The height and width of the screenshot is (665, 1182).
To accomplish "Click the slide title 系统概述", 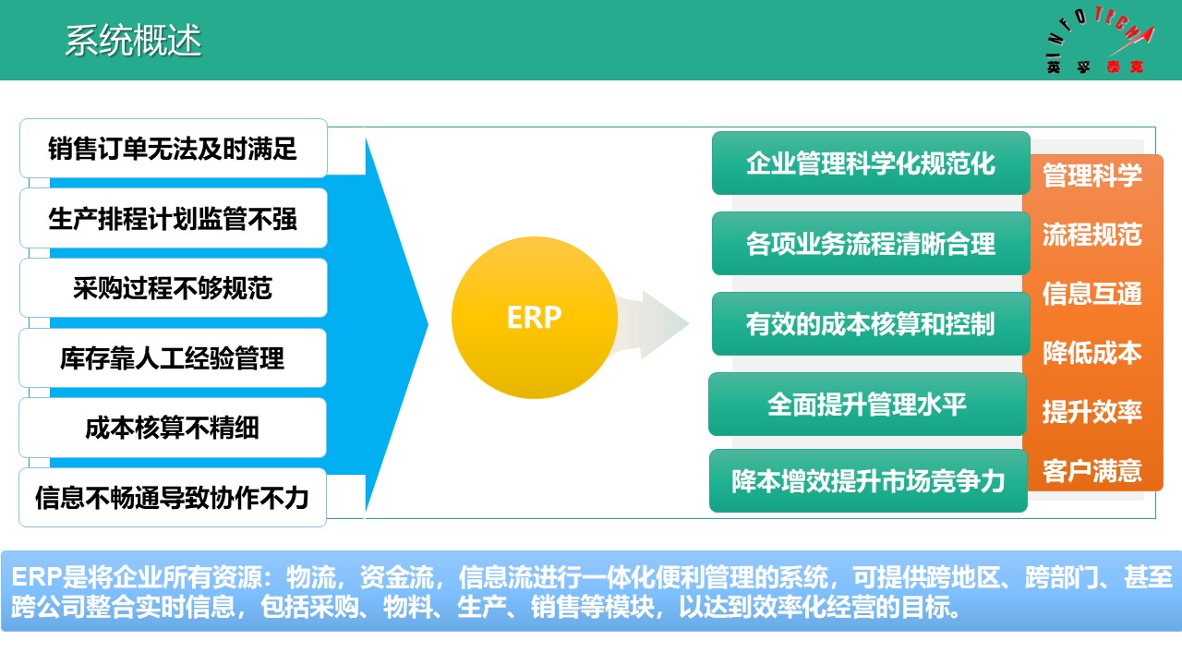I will [x=133, y=42].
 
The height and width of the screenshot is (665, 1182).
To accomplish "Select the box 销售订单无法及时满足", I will [x=173, y=149].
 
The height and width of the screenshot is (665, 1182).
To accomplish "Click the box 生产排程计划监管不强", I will [x=173, y=219].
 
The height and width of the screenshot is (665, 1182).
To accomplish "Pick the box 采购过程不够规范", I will [x=173, y=288].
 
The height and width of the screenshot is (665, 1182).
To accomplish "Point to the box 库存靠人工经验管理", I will [x=173, y=358].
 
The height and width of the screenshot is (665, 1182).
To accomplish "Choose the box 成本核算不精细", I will [x=173, y=428].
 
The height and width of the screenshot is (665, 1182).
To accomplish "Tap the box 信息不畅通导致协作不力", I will [x=173, y=498].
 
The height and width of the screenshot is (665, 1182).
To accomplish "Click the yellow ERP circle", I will [x=534, y=318].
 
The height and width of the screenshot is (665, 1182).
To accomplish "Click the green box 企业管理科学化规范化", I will [x=870, y=163].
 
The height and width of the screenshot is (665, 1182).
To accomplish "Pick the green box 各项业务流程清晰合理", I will [x=870, y=244].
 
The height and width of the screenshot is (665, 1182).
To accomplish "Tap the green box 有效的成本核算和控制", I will [x=870, y=324].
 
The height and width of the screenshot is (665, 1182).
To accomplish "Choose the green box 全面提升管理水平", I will [x=866, y=405].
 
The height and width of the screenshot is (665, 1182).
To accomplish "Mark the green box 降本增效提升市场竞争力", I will [x=867, y=481].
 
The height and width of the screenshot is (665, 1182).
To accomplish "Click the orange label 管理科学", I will [x=1092, y=175].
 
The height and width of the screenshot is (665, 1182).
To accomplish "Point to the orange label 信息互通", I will [x=1092, y=294].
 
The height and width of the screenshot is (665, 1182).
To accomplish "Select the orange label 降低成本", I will [x=1092, y=353].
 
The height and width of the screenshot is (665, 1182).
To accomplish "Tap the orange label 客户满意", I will [x=1092, y=471].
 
